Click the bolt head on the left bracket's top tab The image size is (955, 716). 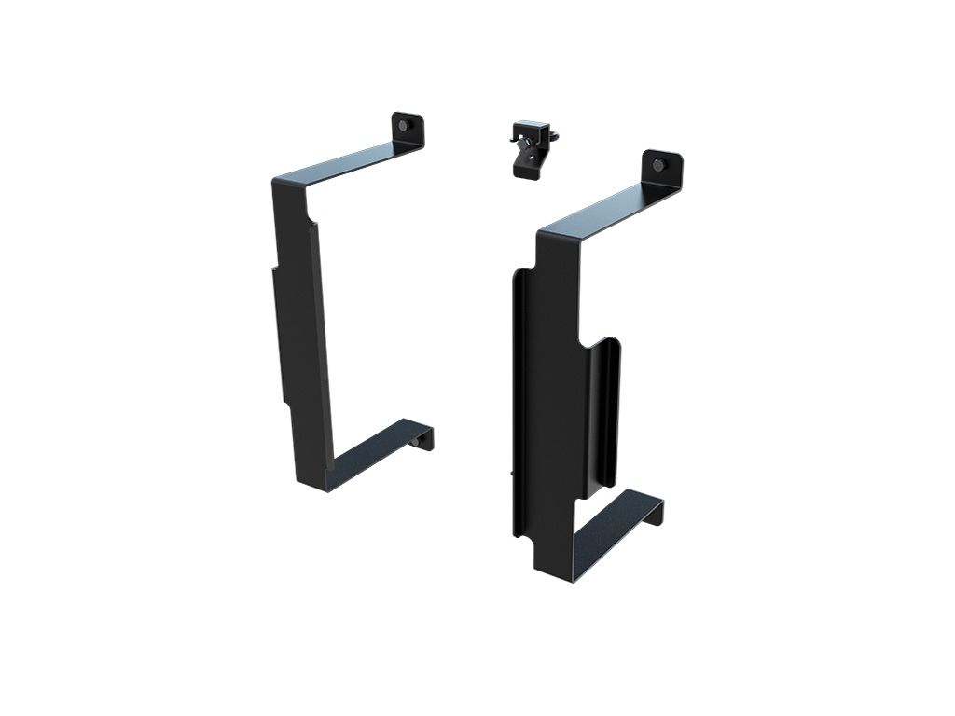coord(403,125)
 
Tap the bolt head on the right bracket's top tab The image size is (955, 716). coord(659,165)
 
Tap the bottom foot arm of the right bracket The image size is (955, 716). coord(611,531)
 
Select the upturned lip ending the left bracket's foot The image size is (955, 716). coord(424,438)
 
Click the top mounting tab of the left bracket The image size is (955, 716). coord(408,130)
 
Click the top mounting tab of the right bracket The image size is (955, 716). coord(662,168)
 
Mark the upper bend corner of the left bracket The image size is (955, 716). coord(280,182)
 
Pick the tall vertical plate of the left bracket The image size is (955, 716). coord(300,326)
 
